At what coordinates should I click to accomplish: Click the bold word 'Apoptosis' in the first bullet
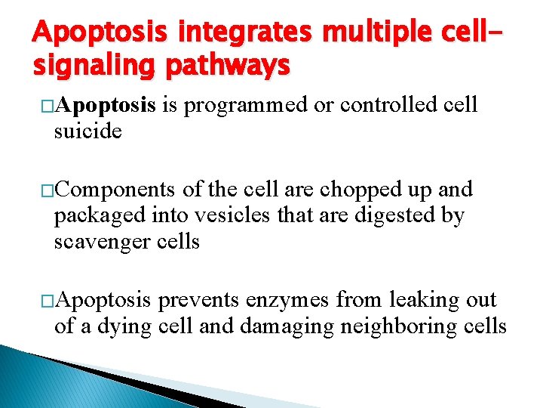pos(105,105)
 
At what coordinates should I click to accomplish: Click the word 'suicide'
pos(87,131)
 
